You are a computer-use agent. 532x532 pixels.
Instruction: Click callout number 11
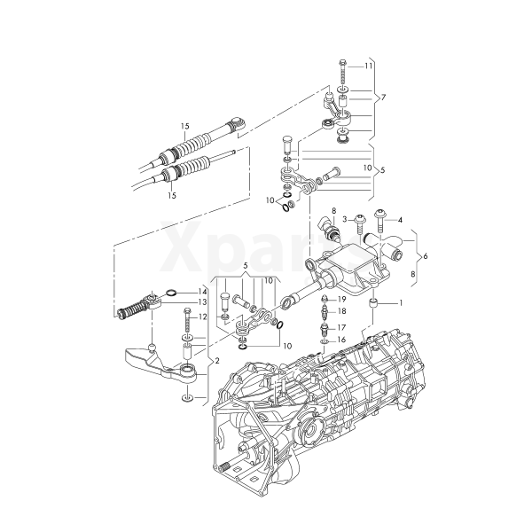click(369, 66)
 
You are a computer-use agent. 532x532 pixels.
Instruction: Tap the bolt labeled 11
click(342, 73)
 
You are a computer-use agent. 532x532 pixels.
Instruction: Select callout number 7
click(383, 98)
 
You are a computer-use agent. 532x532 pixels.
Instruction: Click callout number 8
click(334, 210)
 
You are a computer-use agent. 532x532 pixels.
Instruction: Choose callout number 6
click(426, 256)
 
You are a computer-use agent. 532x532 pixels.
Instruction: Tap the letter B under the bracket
click(413, 274)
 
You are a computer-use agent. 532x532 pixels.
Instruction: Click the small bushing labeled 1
click(373, 302)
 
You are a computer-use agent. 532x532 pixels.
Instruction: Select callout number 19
click(341, 300)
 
